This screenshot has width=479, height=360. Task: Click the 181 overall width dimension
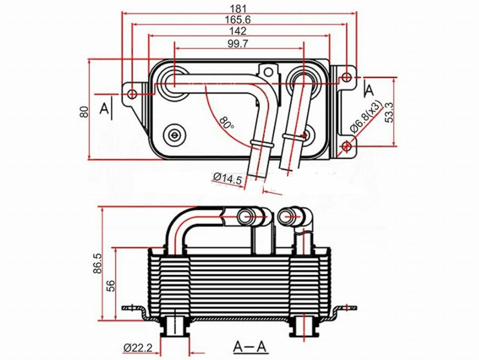pos(238,9)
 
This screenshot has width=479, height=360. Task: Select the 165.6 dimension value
pos(238,20)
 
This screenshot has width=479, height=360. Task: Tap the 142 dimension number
pos(238,31)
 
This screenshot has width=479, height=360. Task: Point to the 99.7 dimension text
pos(238,44)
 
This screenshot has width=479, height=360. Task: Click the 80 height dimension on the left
pos(85,112)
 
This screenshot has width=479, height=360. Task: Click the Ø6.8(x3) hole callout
pos(366,117)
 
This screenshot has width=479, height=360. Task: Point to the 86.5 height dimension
pos(97,263)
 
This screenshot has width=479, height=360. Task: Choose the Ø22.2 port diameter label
pos(138,348)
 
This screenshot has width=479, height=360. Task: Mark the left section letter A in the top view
pos(104,109)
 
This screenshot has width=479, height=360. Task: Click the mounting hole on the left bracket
pos(132,94)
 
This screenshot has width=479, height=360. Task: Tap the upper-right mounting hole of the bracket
pos(346,77)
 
